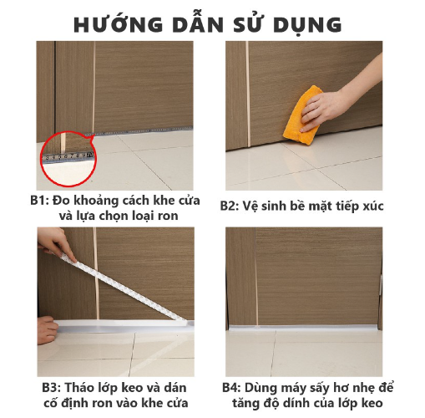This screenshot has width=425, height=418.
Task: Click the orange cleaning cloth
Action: point(302,115)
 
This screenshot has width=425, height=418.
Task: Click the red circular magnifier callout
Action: point(68,159)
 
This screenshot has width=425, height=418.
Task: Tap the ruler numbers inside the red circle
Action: point(69,156)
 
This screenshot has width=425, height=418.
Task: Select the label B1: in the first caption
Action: point(39,201)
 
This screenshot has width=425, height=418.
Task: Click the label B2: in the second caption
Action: point(230,206)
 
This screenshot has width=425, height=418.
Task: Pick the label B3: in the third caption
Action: point(52,388)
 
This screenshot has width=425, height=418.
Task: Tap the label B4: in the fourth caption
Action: point(232,388)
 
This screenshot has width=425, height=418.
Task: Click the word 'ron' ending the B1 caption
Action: point(168,216)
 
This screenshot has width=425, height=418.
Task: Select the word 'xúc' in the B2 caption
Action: point(373,206)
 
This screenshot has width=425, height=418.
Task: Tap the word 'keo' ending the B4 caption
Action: point(372,403)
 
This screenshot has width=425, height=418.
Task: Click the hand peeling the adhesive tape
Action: point(56,243)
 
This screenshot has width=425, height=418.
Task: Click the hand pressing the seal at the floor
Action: point(48,330)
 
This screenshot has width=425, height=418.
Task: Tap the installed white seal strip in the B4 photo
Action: point(303,328)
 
